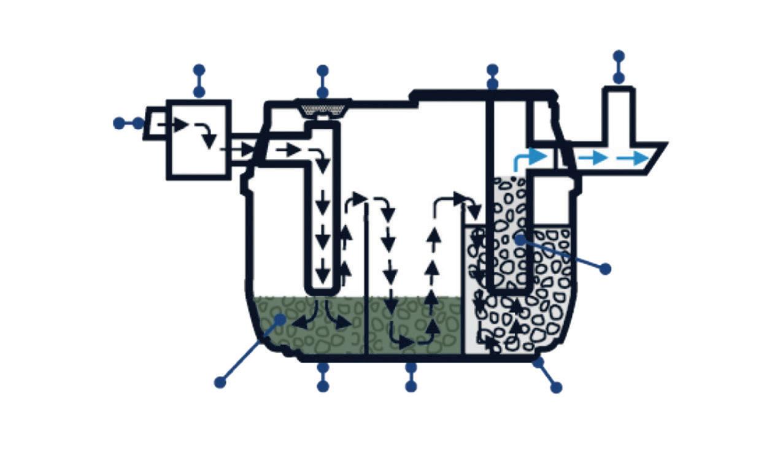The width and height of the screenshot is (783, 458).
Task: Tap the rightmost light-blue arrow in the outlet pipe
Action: point(633,158)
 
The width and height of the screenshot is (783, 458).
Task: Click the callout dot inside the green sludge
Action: point(280,319)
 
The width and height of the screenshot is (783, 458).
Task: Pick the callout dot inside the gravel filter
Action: point(520,239)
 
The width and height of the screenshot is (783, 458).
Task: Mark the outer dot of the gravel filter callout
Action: point(605,269)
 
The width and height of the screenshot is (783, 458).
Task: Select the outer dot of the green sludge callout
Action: point(220,383)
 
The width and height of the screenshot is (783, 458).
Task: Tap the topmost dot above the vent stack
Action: point(619,56)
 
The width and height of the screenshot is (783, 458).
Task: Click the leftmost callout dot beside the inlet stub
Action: point(119,123)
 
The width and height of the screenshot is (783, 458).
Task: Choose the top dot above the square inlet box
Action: point(198,70)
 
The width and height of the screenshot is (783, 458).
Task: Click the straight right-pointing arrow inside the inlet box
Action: point(174,125)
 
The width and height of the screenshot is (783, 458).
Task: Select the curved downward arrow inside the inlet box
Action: point(206,135)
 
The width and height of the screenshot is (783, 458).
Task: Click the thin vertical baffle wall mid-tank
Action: point(366,276)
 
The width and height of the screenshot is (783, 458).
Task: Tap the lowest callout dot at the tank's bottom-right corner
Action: point(557,387)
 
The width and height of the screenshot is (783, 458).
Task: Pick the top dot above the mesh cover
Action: point(323,71)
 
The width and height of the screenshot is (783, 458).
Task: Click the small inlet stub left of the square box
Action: point(155,123)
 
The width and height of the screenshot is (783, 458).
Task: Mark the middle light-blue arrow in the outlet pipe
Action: point(593,158)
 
